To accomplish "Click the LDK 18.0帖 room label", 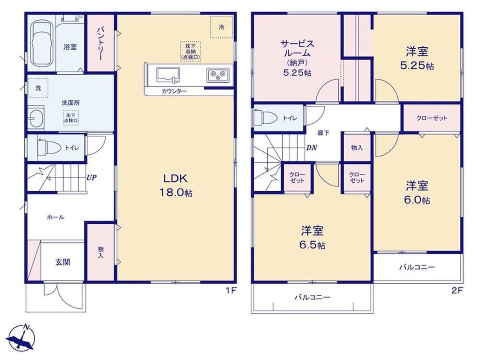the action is click(x=175, y=185).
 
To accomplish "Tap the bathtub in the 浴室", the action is click(x=41, y=43).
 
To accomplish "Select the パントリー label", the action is click(x=100, y=43).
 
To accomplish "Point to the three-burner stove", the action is click(x=218, y=75).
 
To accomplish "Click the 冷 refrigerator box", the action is click(x=221, y=27).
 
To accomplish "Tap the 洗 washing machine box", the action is click(x=38, y=88).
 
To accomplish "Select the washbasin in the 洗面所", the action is click(x=35, y=117).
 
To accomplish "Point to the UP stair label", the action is click(x=92, y=178).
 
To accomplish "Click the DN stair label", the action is click(x=311, y=148).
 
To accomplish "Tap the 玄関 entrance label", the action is click(x=63, y=262).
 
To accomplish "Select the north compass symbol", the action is click(x=21, y=338).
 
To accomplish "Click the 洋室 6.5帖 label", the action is click(x=312, y=238).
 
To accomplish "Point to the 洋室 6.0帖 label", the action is click(x=417, y=193).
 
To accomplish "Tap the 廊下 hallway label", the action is click(x=323, y=133).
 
